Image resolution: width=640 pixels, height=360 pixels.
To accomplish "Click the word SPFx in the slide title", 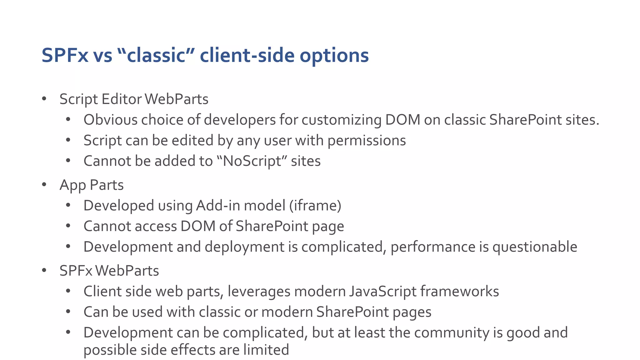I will tap(65, 55).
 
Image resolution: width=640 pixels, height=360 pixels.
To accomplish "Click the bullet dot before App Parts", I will tap(44, 185).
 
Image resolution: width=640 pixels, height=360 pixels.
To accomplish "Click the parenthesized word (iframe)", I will tap(315, 206).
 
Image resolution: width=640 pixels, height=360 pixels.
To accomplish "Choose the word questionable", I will tap(535, 247).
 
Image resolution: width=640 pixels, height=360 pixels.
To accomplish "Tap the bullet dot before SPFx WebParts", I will tap(44, 270).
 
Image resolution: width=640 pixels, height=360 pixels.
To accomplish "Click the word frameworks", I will tap(459, 291).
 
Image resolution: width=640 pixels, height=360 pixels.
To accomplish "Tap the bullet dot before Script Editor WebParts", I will tap(44, 99).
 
